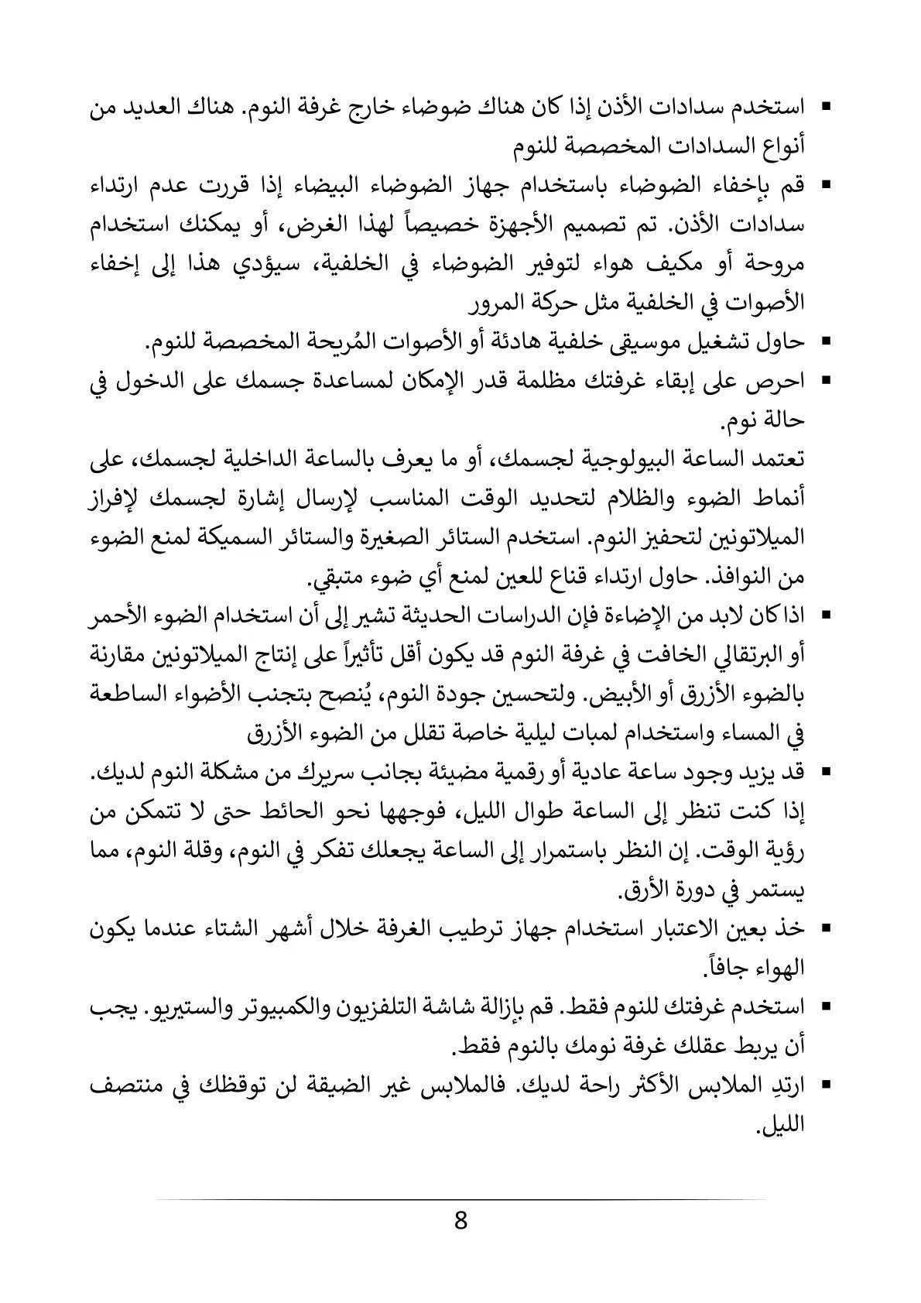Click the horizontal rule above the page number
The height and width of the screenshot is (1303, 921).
(461, 1199)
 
